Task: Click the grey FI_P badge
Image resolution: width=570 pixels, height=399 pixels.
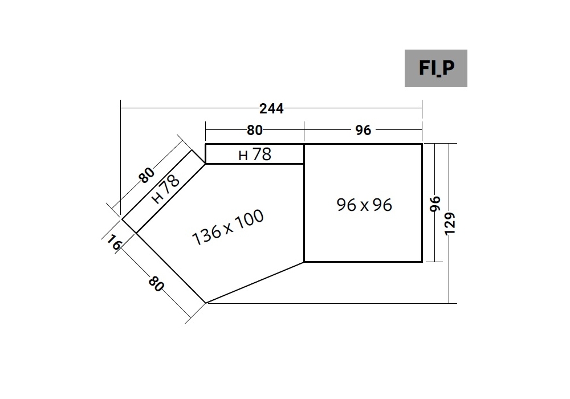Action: coord(436,68)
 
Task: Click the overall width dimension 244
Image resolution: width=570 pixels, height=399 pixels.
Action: coord(271,109)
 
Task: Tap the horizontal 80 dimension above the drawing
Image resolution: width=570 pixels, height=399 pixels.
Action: coord(254,130)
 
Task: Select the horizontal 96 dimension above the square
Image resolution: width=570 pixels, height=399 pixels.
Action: coord(363,130)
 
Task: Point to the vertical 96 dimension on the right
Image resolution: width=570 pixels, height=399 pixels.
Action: coord(435,203)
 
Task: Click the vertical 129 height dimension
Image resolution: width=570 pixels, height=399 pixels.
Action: coord(450,224)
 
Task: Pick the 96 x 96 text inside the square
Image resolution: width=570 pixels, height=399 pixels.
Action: coord(364,205)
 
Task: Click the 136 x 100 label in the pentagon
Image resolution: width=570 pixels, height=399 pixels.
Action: coord(228,227)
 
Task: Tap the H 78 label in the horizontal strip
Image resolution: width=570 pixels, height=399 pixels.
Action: coord(255,154)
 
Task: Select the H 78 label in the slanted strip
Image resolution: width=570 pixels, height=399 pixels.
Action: coord(165,189)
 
